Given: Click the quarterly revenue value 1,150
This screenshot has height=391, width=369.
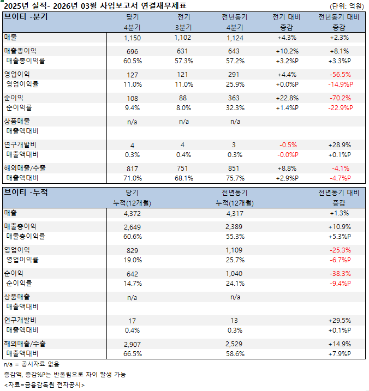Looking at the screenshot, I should tap(132, 38).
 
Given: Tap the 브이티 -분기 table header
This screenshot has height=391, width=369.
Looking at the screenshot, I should tap(26, 16).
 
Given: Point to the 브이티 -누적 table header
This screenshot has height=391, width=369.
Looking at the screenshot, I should tap(26, 192).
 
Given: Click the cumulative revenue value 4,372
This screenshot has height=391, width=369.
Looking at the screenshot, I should tap(132, 213).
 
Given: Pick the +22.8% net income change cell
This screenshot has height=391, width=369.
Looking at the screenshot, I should tap(288, 98).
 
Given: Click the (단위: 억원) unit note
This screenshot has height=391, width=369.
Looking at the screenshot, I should tap(347, 5).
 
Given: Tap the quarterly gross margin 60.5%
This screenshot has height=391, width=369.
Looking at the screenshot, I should tap(132, 61).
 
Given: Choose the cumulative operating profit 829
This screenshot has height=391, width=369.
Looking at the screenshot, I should tap(132, 250).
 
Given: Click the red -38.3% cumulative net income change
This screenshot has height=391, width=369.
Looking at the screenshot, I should tap(340, 273).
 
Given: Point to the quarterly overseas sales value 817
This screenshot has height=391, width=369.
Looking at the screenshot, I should tap(132, 169).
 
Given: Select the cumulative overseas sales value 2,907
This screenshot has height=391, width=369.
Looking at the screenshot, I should tap(132, 344).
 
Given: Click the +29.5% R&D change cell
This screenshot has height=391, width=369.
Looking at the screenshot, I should tap(340, 321).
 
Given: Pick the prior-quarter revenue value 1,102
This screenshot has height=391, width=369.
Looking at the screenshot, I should tap(183, 38).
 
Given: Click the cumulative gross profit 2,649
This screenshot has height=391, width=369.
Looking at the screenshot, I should tap(132, 226).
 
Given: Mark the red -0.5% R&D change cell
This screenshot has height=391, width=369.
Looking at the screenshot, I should tap(288, 145).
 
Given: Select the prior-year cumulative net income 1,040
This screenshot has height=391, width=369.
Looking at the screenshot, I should tap(235, 273).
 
